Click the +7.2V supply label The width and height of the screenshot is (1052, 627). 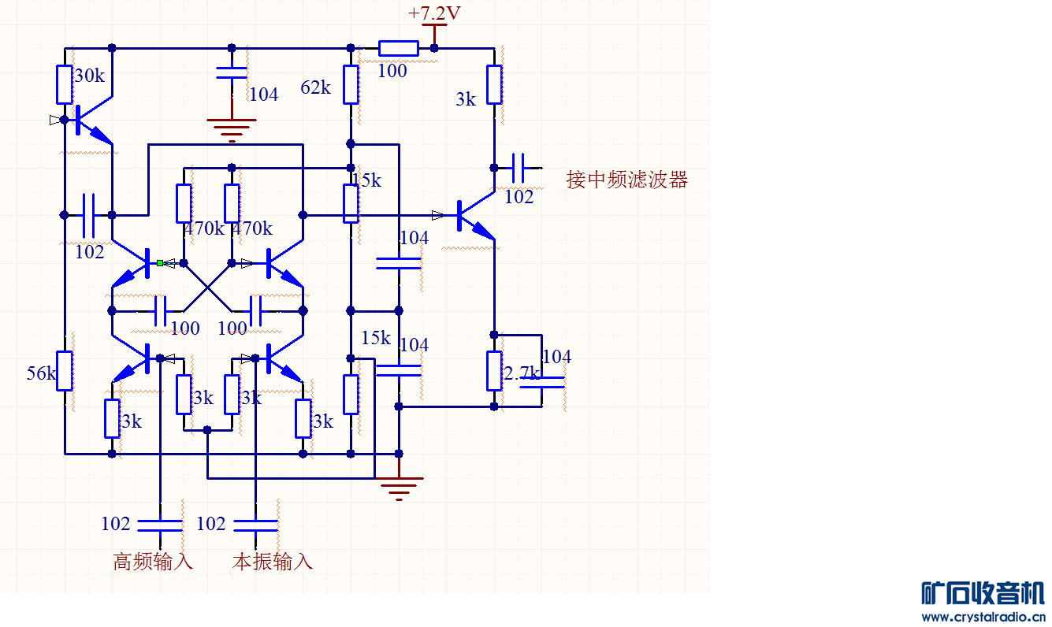pos(434,13)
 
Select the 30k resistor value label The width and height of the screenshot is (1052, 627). pos(89,76)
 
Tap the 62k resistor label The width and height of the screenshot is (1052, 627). pos(316,87)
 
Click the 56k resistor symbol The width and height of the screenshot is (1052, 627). pos(65,371)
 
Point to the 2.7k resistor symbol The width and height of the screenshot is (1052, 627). pos(494,371)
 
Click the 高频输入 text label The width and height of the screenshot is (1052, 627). pos(153,562)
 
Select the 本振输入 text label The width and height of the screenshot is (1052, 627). pos(273,562)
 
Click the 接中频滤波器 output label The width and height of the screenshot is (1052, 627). pos(627,180)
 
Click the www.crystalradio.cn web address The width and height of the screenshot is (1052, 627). pos(983,617)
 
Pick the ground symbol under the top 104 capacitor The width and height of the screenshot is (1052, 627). pos(231,126)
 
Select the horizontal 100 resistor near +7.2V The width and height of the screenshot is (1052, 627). pos(398,48)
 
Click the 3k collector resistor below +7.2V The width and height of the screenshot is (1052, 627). pos(494,85)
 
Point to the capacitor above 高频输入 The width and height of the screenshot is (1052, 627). pos(160,524)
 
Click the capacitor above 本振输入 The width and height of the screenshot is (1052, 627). pos(256,524)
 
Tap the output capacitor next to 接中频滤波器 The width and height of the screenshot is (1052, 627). pos(519,168)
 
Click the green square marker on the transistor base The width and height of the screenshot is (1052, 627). pos(160,263)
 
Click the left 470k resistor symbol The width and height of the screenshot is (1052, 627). pos(184,203)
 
